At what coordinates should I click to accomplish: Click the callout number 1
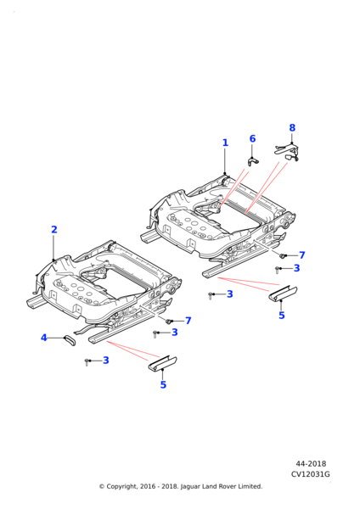(x=225, y=143)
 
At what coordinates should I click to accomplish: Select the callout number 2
(x=54, y=230)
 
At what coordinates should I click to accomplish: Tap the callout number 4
(x=44, y=338)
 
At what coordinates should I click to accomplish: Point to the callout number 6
(x=252, y=139)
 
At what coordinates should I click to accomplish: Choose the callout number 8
(x=292, y=128)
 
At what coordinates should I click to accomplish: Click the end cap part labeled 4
(x=70, y=340)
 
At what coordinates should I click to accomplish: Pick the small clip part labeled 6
(x=253, y=161)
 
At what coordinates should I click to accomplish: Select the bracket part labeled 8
(x=287, y=153)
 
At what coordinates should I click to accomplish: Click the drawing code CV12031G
(x=310, y=474)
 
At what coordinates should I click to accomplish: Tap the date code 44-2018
(x=311, y=464)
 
